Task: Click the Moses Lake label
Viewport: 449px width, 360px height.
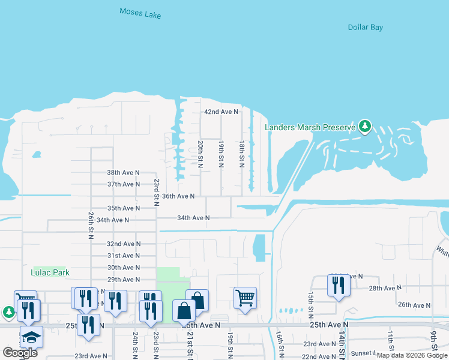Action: pos(140,13)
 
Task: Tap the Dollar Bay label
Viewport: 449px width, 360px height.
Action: pos(365,28)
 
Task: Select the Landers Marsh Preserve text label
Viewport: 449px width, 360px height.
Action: pos(310,127)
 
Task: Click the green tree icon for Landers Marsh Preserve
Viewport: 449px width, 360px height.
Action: pos(364,126)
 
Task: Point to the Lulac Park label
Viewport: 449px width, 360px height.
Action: pos(50,272)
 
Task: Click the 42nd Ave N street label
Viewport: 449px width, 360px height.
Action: pos(221,112)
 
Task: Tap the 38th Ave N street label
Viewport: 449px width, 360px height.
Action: pos(123,172)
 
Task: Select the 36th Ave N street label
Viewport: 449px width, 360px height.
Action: pos(178,196)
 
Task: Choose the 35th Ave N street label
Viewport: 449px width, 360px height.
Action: pos(123,208)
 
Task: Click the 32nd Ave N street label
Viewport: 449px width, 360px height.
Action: pos(123,244)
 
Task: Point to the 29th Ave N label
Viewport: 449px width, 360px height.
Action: pos(123,280)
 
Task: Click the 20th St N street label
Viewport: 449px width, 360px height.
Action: pos(200,154)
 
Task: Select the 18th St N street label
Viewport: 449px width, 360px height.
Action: pos(241,154)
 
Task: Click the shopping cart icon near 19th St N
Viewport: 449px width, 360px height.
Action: pos(244,296)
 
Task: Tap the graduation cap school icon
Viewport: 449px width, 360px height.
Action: pos(31,337)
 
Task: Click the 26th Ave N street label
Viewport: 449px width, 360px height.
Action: pos(414,305)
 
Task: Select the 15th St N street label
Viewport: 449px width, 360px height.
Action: pos(310,305)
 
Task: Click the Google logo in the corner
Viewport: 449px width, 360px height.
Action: pos(20,353)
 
